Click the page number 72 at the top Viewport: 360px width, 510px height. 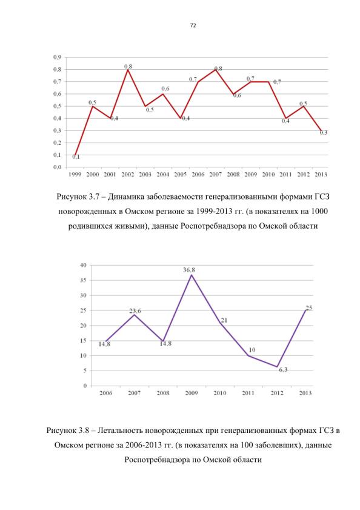pyautogui.click(x=193, y=25)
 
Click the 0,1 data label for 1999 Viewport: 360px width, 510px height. pyautogui.click(x=76, y=157)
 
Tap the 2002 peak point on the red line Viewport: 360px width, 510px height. pyautogui.click(x=128, y=70)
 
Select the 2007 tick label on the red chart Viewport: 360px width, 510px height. pyautogui.click(x=216, y=174)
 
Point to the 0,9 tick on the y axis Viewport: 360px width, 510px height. pyautogui.click(x=57, y=57)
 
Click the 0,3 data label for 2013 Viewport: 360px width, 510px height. pyautogui.click(x=323, y=132)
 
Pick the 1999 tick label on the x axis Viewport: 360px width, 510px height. pyautogui.click(x=75, y=174)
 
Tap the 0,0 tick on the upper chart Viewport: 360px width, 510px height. pyautogui.click(x=57, y=167)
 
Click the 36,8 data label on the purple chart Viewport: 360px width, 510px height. pyautogui.click(x=189, y=270)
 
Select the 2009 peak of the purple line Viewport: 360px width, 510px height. pyautogui.click(x=192, y=275)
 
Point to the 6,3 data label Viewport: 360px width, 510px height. pyautogui.click(x=283, y=369)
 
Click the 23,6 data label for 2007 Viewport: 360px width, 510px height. pyautogui.click(x=135, y=311)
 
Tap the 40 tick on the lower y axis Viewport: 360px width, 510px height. pyautogui.click(x=84, y=265)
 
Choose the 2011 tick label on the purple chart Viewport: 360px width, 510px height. pyautogui.click(x=248, y=393)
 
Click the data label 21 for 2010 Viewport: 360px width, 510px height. pyautogui.click(x=224, y=320)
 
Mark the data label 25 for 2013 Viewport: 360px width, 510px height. pyautogui.click(x=309, y=307)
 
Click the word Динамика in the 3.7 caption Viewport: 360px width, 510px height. pyautogui.click(x=126, y=196)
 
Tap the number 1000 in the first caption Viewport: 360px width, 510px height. pyautogui.click(x=319, y=212)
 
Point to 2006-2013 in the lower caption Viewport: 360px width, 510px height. pyautogui.click(x=144, y=445)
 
